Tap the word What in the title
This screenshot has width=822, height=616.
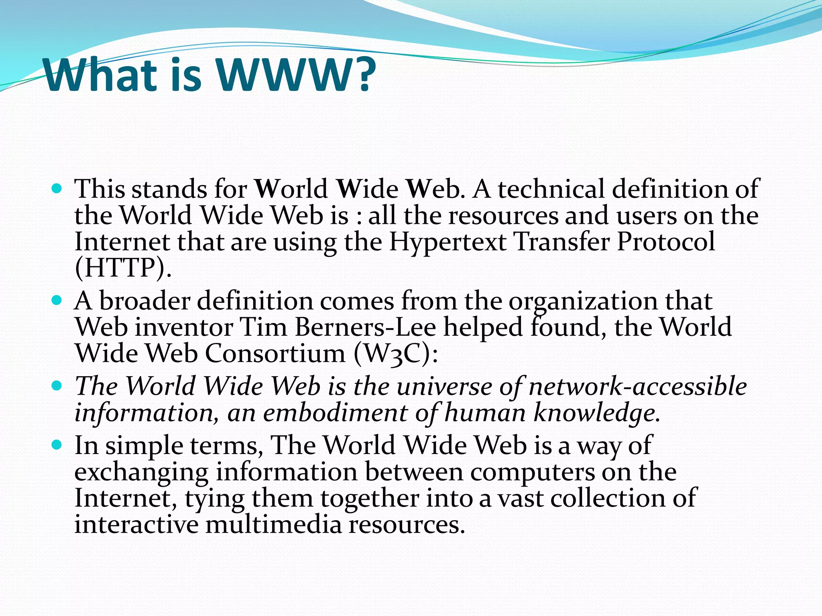click(x=100, y=75)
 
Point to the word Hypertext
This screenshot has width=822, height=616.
click(x=448, y=242)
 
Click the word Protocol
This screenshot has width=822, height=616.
click(x=665, y=242)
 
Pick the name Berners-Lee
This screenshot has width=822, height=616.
click(x=365, y=327)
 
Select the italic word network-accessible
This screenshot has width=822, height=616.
click(x=638, y=387)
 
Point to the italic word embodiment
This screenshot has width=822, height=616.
click(x=336, y=413)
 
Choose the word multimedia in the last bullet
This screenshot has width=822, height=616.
click(x=273, y=525)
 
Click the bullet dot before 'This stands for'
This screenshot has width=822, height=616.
click(x=57, y=188)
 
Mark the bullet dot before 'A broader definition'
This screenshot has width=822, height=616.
click(x=57, y=300)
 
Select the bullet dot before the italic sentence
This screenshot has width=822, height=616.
click(x=57, y=386)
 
